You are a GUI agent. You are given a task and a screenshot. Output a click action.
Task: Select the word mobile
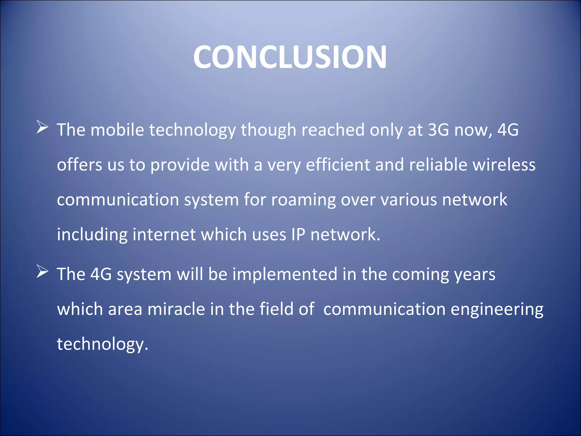[117, 130]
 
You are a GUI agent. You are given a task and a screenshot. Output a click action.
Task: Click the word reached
[333, 130]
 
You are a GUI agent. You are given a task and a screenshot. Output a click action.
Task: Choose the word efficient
[338, 165]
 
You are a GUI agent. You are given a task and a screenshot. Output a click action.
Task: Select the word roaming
[303, 200]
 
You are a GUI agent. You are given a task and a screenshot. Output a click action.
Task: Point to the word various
[409, 200]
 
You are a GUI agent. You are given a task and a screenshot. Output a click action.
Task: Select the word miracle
[176, 309]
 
